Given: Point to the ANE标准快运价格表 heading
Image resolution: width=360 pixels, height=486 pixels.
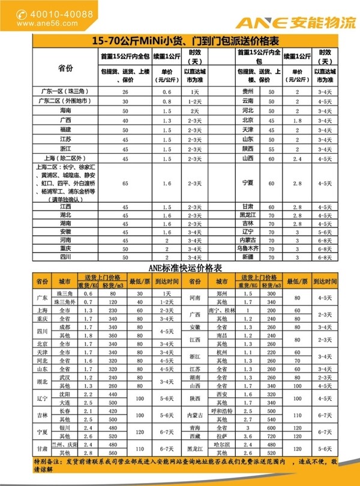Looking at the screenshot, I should [181, 265].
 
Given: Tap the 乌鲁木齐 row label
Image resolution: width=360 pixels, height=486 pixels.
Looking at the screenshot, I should [247, 247].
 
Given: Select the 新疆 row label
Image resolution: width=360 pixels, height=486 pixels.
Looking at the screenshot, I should [247, 256].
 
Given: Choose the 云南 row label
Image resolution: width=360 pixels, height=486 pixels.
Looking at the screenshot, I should [247, 102].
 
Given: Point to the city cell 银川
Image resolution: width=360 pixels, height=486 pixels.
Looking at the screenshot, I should [64, 428].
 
